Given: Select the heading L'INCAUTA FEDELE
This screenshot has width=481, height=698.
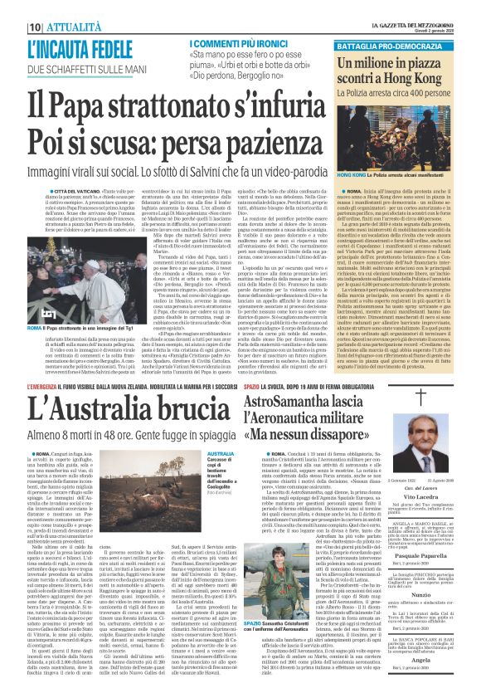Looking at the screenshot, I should point(83,46).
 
